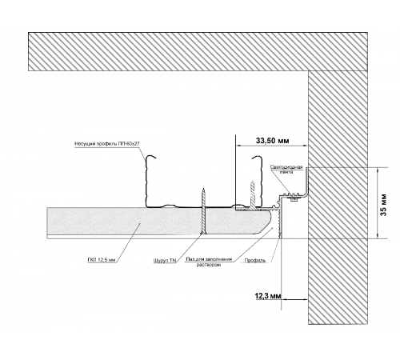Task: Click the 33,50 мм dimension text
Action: (x=272, y=141)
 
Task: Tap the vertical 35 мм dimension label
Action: (x=383, y=204)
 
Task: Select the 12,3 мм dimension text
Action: (x=268, y=296)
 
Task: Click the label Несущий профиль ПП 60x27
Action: (x=107, y=144)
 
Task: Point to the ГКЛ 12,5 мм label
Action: (x=102, y=260)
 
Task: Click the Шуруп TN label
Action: (x=165, y=261)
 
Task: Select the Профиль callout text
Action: (x=255, y=260)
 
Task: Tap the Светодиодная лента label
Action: (x=286, y=170)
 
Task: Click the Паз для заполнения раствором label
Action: (x=209, y=262)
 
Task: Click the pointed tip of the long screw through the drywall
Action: (x=203, y=188)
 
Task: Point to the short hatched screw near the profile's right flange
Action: (x=252, y=194)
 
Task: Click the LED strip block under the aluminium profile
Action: (x=294, y=199)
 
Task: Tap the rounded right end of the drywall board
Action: (x=270, y=222)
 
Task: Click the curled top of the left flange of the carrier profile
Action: (x=150, y=157)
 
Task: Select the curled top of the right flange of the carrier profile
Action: (x=256, y=158)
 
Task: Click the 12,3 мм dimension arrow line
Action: (x=295, y=299)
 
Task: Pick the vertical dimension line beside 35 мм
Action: (x=378, y=202)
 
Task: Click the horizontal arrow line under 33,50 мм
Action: (x=272, y=146)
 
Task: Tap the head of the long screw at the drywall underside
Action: (x=203, y=234)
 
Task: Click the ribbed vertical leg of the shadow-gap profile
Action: (x=280, y=223)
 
